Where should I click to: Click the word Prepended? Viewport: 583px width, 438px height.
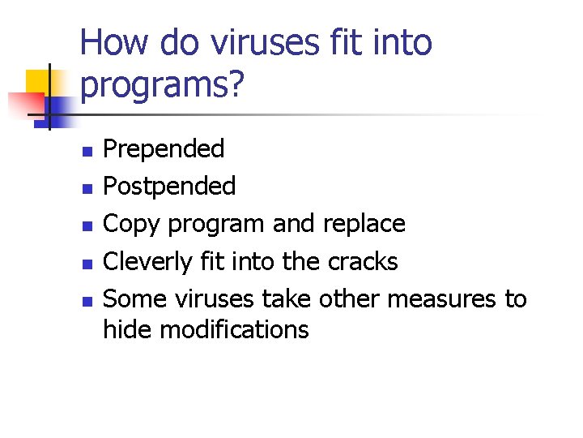[x=164, y=149]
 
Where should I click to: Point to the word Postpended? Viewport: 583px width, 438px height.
[x=170, y=187]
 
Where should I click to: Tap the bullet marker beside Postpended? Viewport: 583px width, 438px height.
[x=86, y=188]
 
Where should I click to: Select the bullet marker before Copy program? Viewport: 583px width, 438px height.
[x=86, y=225]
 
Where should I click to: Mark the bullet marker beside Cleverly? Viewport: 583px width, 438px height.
[x=86, y=263]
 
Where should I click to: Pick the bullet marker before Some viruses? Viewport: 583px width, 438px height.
[x=86, y=300]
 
